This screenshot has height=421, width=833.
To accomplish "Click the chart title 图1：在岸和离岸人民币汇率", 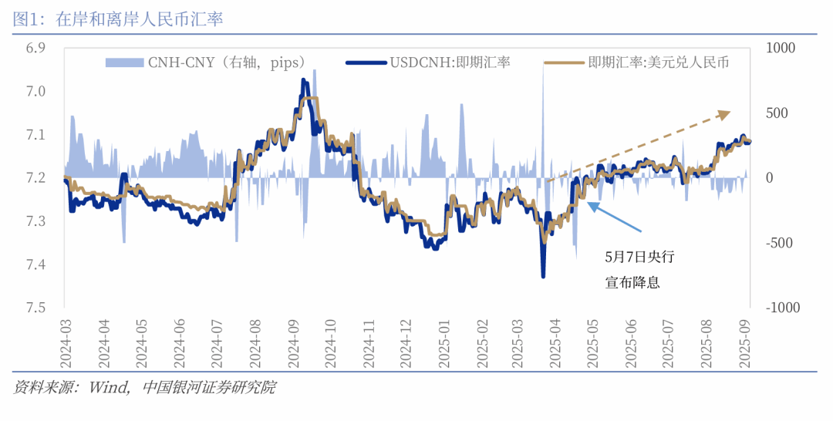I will (118, 19).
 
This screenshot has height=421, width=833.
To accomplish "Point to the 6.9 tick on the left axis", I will (35, 49).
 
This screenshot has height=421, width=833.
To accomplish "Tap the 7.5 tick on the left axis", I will (35, 308).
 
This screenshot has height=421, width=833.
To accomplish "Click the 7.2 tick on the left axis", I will (35, 178).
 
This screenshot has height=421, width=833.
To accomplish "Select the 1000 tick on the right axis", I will (781, 49).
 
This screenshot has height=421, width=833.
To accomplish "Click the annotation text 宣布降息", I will (632, 282).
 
